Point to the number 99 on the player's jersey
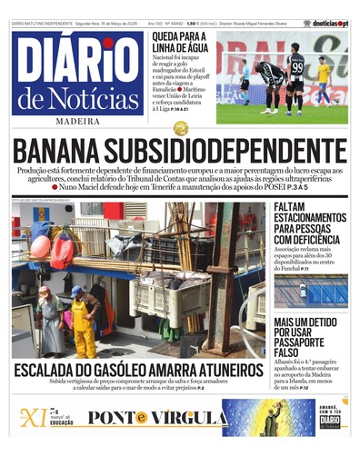click(296, 68)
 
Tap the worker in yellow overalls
click(83, 322)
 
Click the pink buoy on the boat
click(41, 247)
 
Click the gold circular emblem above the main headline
click(180, 128)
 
